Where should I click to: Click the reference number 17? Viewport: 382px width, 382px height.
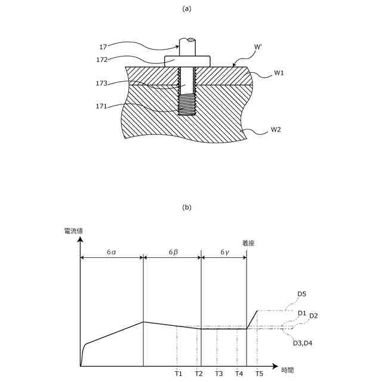tap(103, 46)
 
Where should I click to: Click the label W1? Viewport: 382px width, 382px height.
tap(279, 73)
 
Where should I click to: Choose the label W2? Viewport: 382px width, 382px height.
tap(276, 130)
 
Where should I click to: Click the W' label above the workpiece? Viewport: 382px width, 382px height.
tap(258, 47)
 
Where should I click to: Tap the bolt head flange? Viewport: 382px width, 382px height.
tap(187, 60)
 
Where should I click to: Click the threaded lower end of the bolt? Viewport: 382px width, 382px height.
tap(187, 106)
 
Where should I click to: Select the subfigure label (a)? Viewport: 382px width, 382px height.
tap(187, 8)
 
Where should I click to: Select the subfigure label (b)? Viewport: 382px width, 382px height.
tap(187, 208)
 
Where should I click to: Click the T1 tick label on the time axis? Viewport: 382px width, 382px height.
tap(178, 374)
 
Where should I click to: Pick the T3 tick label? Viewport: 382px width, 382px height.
tap(219, 374)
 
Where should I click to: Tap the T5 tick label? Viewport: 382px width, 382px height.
tap(259, 374)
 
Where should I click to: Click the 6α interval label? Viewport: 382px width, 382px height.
tap(112, 252)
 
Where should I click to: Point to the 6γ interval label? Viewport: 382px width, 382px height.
tap(224, 252)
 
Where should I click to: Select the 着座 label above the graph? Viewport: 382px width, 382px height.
tap(248, 243)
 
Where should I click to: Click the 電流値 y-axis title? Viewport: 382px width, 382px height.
tap(72, 230)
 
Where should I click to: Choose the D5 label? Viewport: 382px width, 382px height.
tap(301, 294)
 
